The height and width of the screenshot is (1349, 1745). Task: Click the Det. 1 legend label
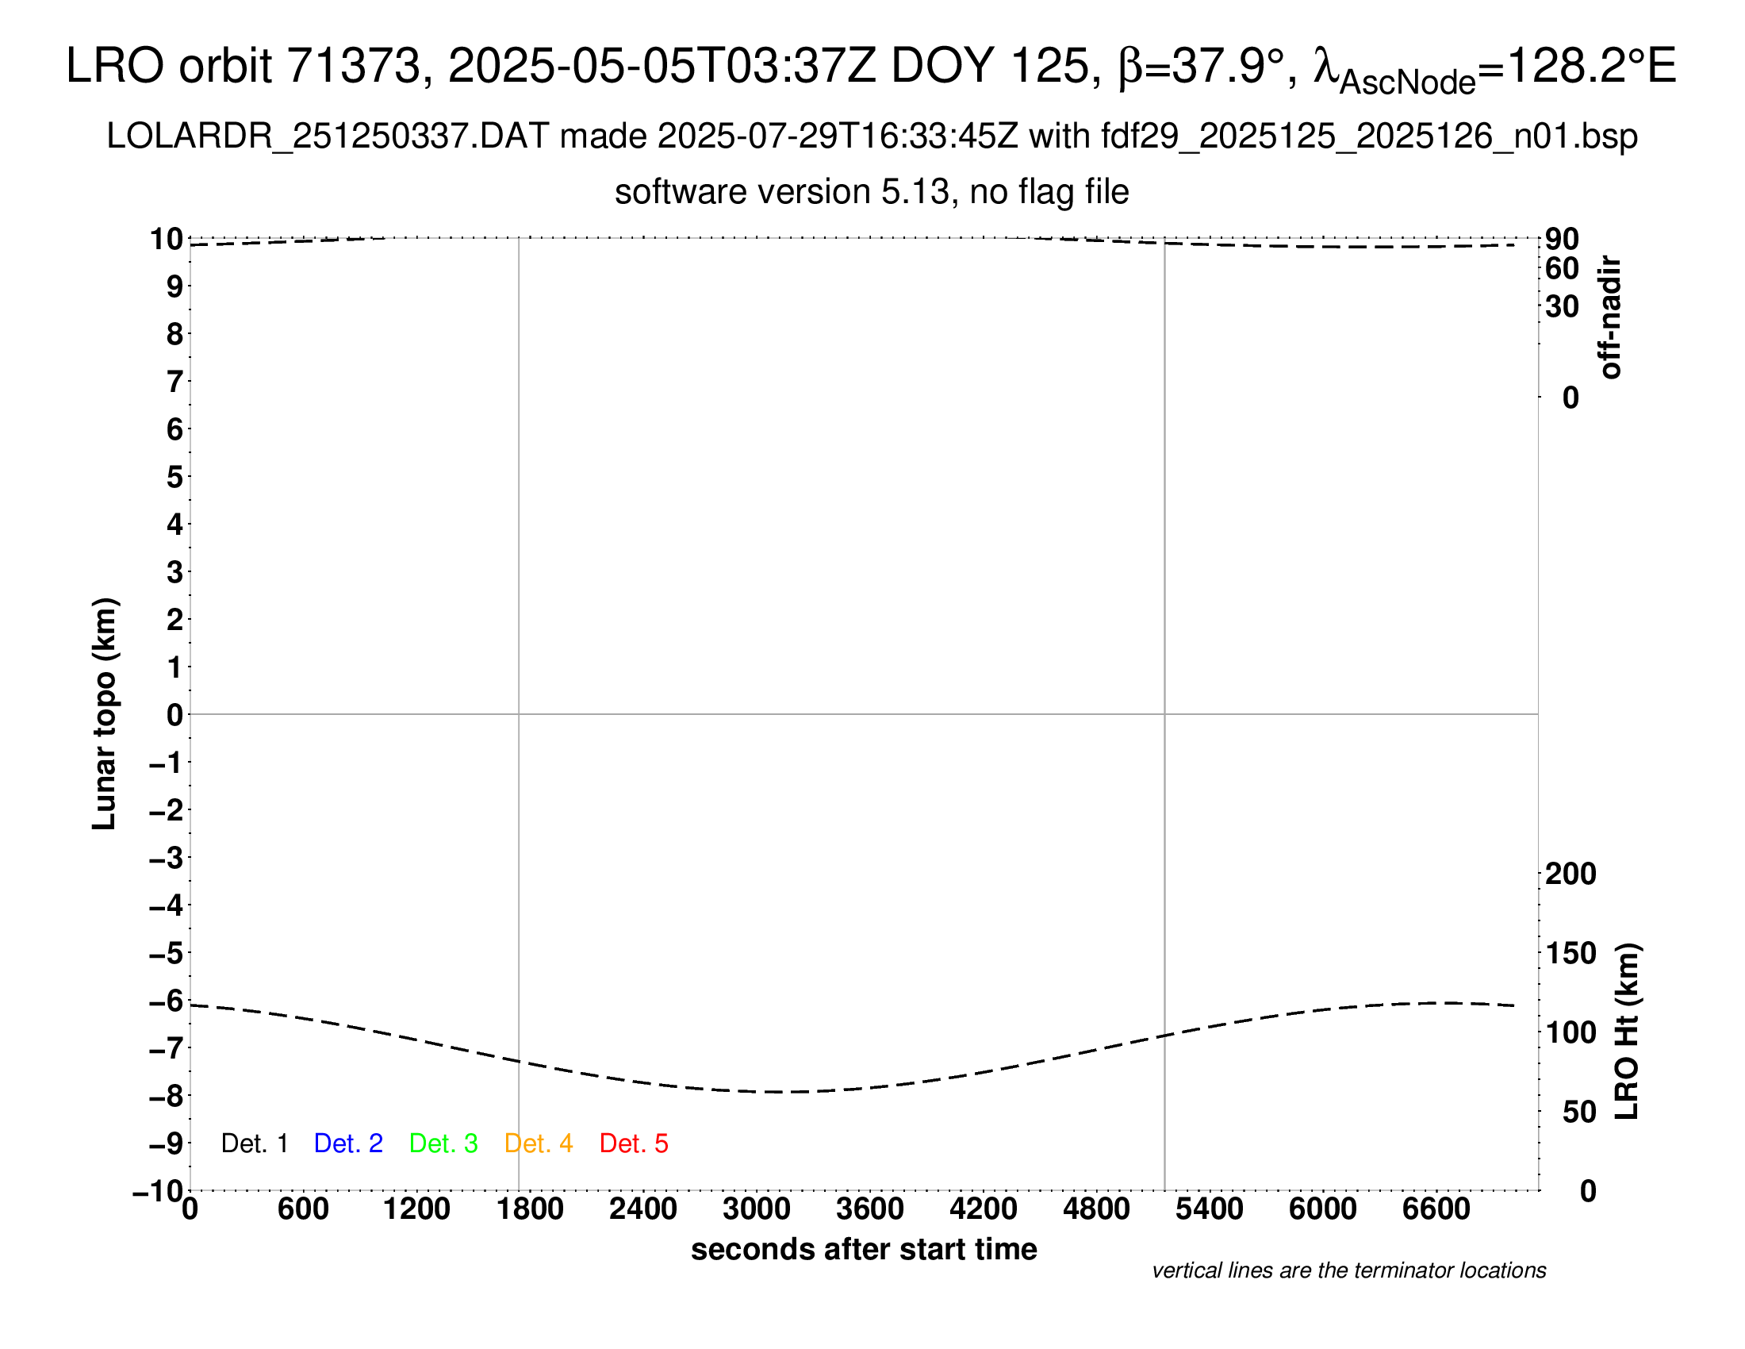point(254,1143)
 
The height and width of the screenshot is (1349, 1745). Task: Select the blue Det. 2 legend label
point(348,1143)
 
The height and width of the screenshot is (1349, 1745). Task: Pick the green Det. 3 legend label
point(443,1143)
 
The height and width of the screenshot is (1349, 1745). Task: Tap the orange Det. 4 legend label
point(539,1143)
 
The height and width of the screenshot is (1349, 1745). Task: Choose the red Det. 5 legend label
point(634,1143)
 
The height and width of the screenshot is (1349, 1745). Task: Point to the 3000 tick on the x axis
point(757,1209)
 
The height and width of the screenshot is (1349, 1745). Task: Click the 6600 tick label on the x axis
point(1436,1209)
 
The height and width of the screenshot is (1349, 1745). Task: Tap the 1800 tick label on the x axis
point(530,1209)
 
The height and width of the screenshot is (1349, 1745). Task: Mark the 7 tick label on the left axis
point(175,382)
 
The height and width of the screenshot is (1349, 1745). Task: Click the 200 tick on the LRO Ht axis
point(1570,874)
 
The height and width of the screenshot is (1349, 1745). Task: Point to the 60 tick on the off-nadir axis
point(1562,268)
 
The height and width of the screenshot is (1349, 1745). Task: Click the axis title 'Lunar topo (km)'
point(105,713)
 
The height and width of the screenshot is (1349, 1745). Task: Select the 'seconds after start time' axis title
point(864,1249)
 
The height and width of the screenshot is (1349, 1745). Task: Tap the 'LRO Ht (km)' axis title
point(1628,1031)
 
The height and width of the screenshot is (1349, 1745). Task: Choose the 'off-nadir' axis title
point(1610,317)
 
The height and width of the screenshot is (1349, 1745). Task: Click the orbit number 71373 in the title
point(353,66)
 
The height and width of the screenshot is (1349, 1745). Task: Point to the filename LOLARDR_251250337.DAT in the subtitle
point(328,136)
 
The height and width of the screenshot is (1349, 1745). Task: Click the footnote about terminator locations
point(1348,1270)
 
